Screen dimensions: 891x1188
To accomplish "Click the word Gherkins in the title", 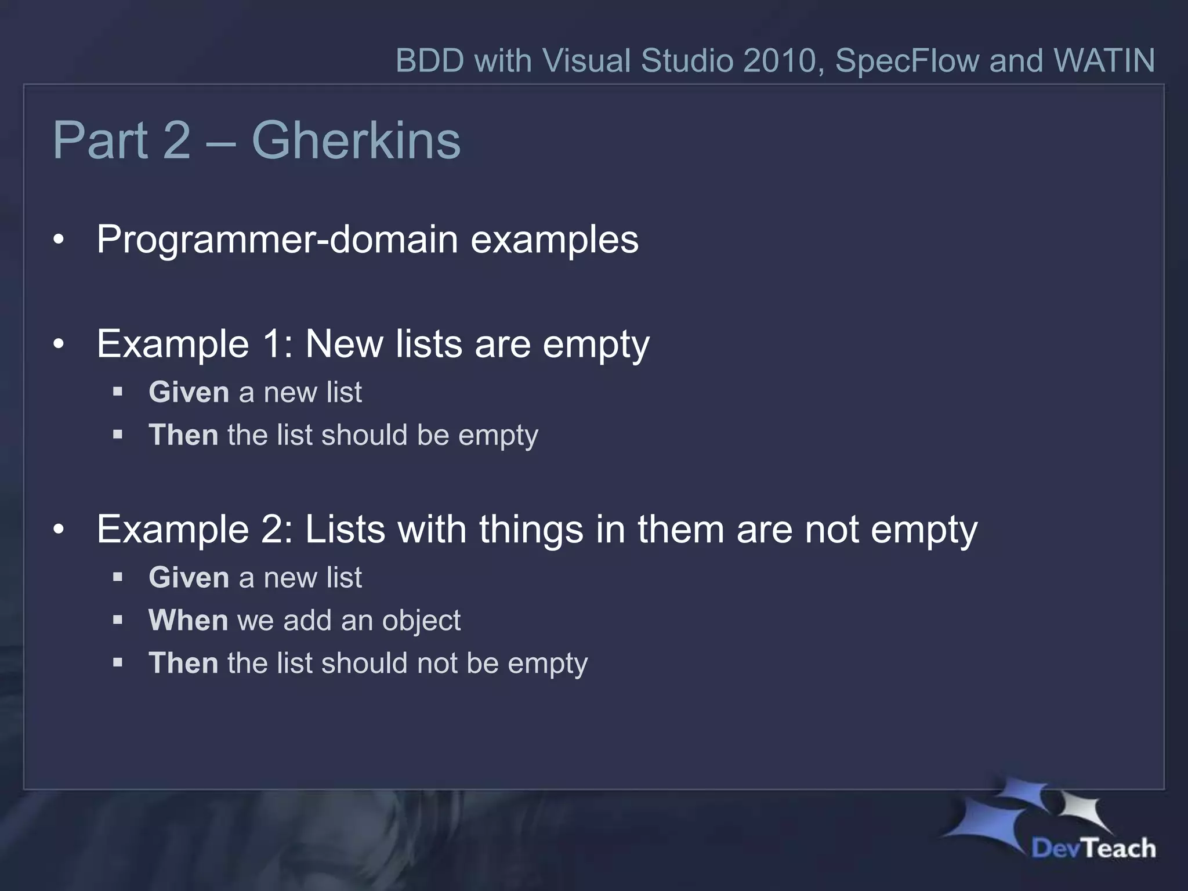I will tap(356, 141).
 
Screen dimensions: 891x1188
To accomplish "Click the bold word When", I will tap(188, 620).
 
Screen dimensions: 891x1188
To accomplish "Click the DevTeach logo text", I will tap(1093, 848).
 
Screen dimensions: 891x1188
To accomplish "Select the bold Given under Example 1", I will tap(189, 392).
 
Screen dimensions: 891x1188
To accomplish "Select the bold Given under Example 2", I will tap(189, 578).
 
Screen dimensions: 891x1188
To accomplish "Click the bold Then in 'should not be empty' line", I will tap(183, 663).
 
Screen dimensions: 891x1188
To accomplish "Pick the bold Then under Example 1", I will tap(183, 435).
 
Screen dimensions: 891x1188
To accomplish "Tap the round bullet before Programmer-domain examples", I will tap(59, 241).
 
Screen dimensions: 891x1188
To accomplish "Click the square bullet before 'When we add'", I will tap(118, 620).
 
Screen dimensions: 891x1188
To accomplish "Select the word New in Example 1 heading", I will tap(344, 344).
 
